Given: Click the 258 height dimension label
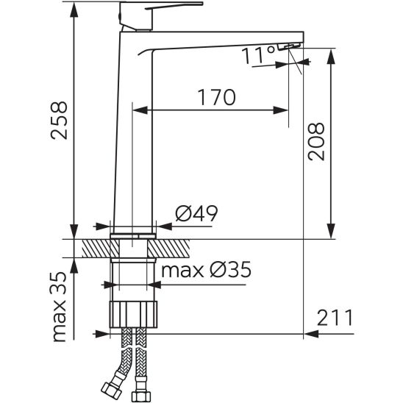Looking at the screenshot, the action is point(59,121).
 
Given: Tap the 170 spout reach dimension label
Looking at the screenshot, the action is point(216,97).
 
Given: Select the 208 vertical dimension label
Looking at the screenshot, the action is point(316,142).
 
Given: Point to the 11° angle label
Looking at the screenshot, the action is point(258,55).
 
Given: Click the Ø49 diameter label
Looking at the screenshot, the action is point(196,213).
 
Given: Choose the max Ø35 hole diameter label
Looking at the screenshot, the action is point(206,270).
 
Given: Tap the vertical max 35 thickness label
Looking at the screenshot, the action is point(59,307).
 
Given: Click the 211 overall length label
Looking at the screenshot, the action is point(335,318).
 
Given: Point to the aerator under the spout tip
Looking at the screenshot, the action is point(289,46).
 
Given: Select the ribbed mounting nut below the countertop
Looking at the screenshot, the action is point(133,314).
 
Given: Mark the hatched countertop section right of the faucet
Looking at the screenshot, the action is point(168,249).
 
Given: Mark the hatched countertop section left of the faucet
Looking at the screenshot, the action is point(101,249).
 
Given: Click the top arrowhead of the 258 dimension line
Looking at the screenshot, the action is point(74,10).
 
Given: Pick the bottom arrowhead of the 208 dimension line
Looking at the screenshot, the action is point(331,230).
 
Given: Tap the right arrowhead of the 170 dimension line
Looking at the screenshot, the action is point(280,110).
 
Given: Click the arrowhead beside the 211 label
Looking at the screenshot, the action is point(312,334).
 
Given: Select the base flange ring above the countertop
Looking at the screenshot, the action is point(133,236).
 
